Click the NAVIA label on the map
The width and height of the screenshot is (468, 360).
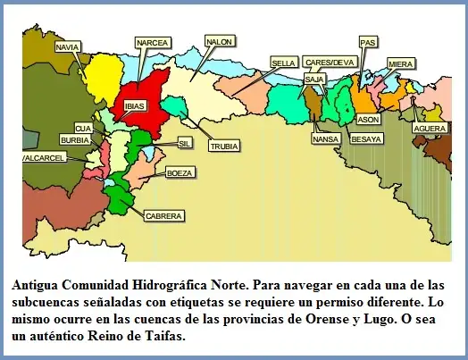tap(68, 46)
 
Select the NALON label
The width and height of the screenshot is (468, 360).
tap(219, 42)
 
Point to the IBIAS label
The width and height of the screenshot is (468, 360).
tap(135, 105)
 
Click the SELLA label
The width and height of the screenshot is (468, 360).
tap(284, 63)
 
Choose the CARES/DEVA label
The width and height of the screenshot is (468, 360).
tap(330, 63)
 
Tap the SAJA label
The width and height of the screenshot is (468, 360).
tap(313, 79)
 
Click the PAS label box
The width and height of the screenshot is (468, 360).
tap(367, 42)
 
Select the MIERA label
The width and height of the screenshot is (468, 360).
tap(401, 63)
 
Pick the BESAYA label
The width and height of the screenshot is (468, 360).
tap(367, 138)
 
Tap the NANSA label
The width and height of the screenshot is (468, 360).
tap(325, 138)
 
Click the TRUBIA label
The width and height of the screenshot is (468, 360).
tap(223, 145)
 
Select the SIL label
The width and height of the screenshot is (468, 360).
tap(185, 142)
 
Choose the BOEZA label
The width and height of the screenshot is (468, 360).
tap(179, 172)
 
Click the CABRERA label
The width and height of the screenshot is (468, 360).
tap(163, 215)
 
